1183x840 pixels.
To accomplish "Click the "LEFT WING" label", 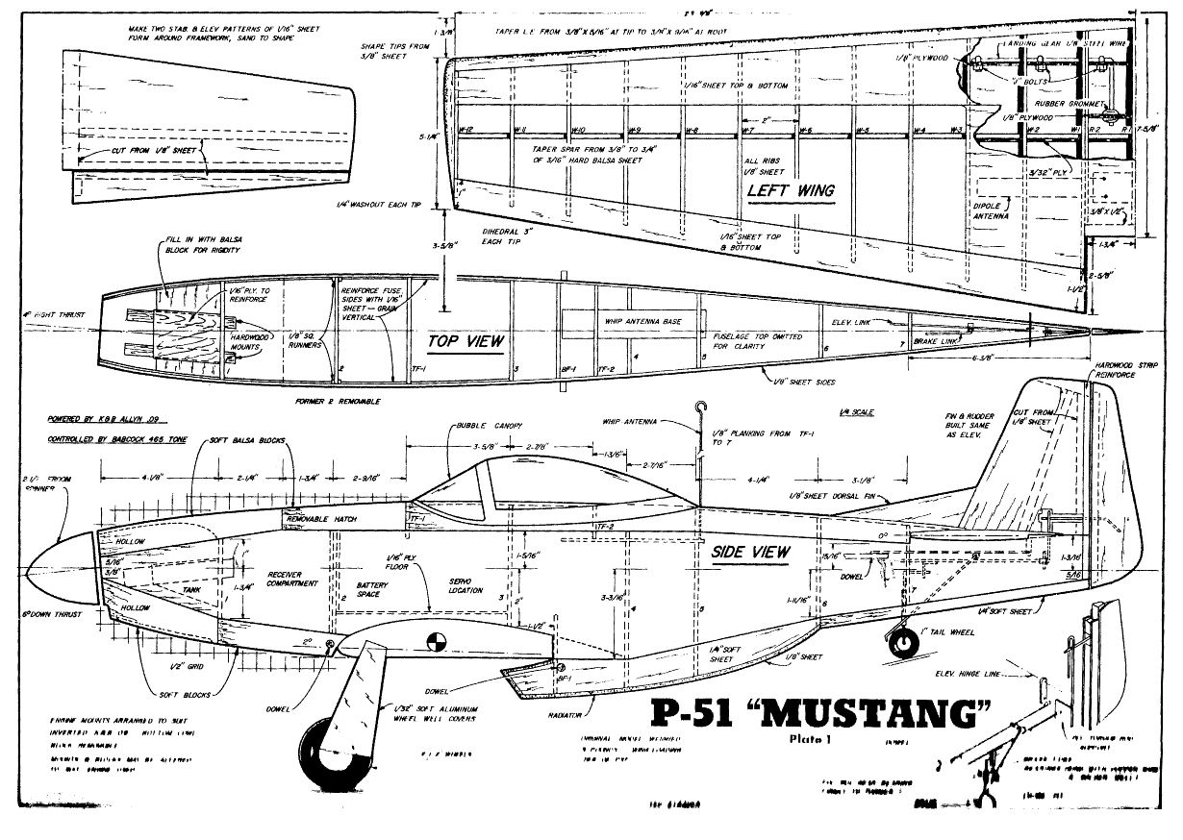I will pyautogui.click(x=791, y=190).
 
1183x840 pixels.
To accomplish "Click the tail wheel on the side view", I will pyautogui.click(x=902, y=639).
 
